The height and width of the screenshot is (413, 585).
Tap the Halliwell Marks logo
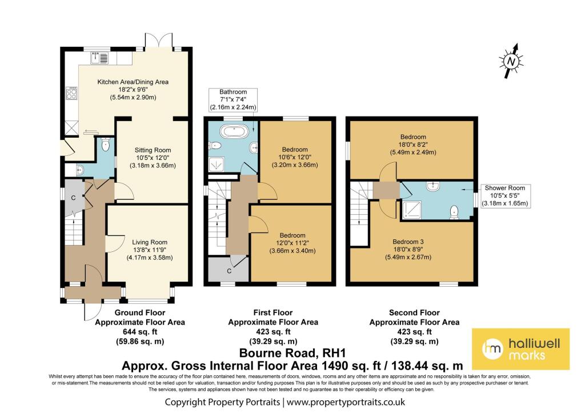[520, 349]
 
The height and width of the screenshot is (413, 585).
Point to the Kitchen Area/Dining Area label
[133, 82]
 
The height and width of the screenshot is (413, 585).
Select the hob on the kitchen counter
[72, 93]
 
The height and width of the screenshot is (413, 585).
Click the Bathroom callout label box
[233, 99]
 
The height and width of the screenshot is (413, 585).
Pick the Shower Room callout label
[504, 195]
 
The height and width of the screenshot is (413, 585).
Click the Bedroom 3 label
[412, 240]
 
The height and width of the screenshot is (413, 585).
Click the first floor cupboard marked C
[228, 269]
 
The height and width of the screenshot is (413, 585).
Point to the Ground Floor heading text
[139, 313]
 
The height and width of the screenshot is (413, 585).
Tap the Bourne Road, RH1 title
[292, 354]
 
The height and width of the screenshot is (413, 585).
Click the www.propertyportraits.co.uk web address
[346, 402]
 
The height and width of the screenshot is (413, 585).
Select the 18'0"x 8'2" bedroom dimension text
[412, 145]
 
